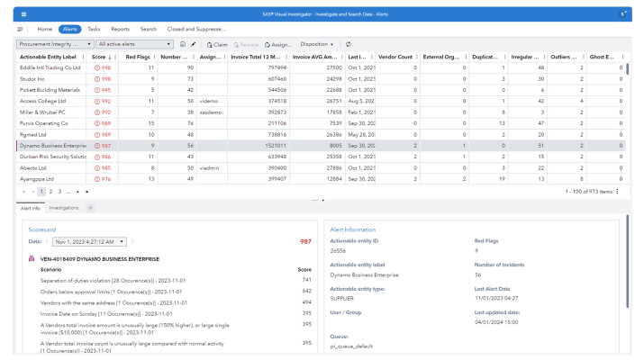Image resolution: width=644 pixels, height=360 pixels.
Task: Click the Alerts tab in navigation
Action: (x=70, y=29)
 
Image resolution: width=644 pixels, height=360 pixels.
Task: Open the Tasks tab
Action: (x=95, y=29)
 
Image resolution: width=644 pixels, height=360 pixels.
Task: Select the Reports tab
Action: (x=120, y=29)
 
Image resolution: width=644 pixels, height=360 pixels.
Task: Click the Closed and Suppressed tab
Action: (x=196, y=29)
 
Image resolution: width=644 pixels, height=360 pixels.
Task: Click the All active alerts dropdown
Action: (x=133, y=43)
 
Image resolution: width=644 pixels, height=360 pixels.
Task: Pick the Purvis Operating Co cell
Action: (x=46, y=122)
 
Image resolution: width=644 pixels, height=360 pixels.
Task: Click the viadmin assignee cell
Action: (x=210, y=167)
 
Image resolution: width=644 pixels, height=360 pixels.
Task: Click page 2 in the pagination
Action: (x=51, y=192)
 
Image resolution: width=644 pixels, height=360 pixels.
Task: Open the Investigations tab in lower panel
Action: (x=64, y=208)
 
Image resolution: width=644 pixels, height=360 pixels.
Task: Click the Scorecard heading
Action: (x=42, y=229)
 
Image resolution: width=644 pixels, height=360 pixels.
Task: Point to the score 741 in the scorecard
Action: (x=305, y=280)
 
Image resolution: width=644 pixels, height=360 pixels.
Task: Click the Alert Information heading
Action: (x=353, y=229)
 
